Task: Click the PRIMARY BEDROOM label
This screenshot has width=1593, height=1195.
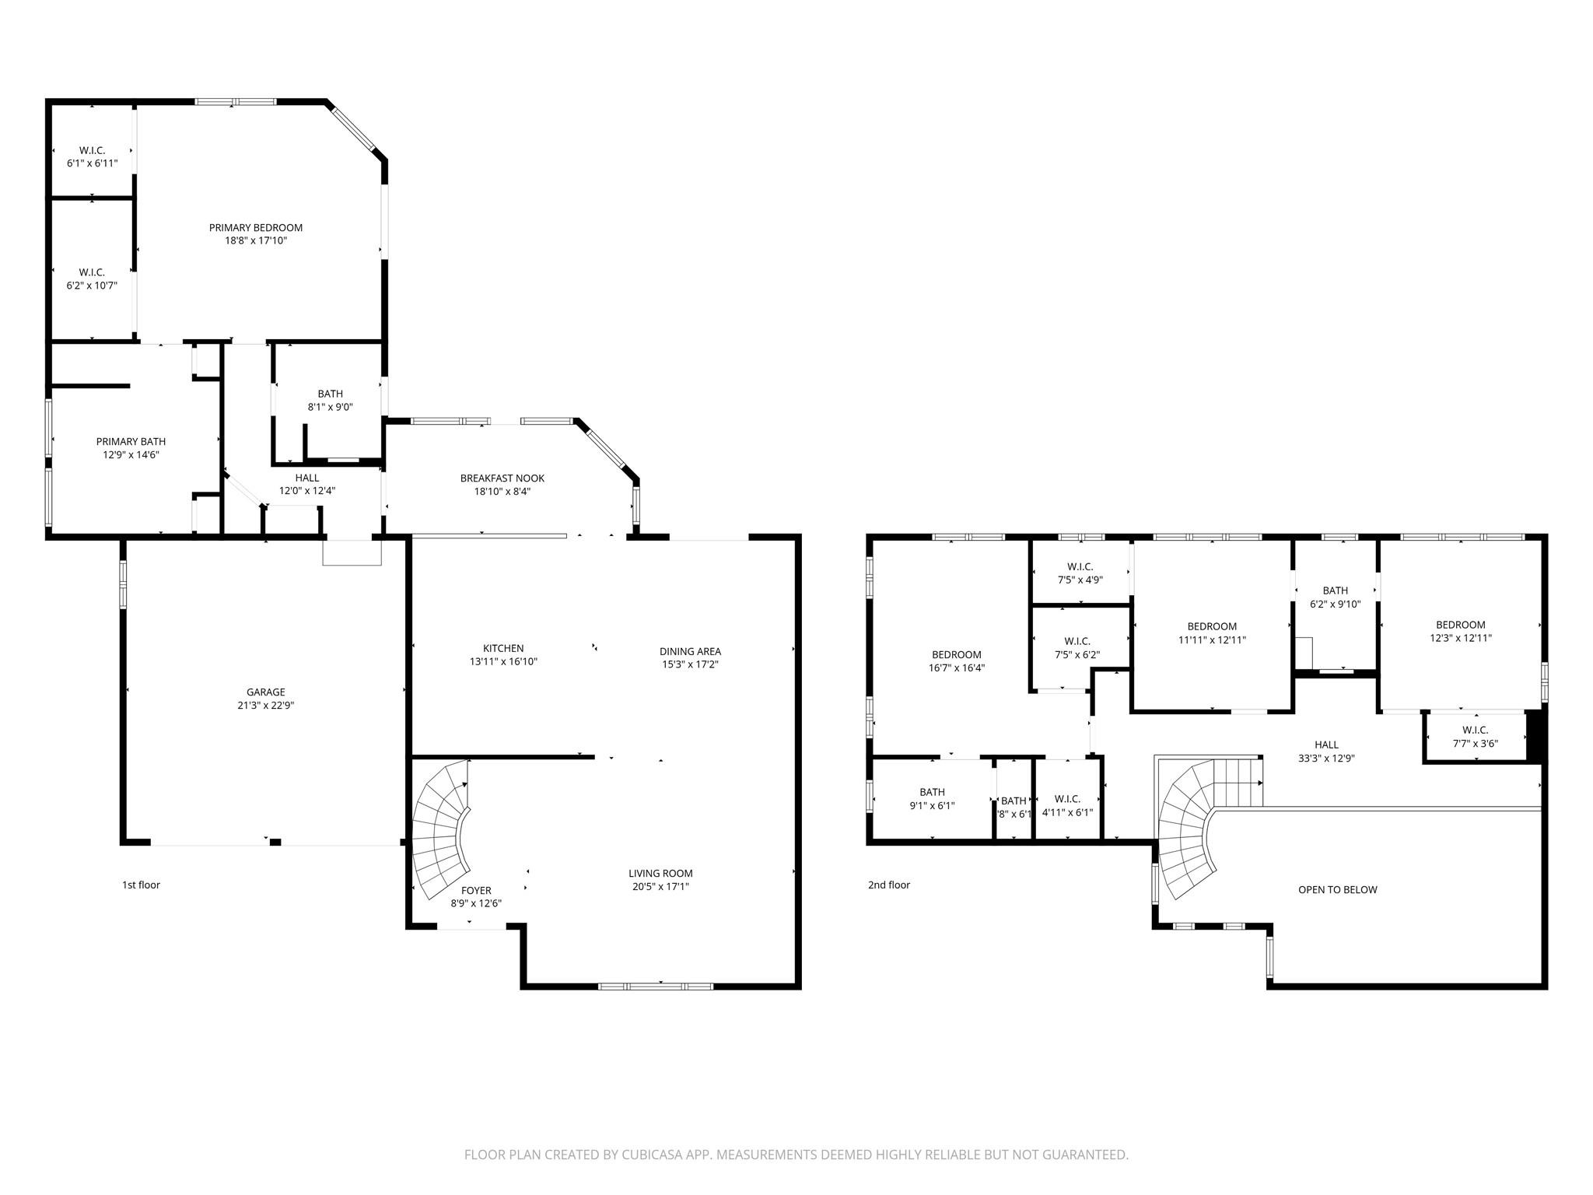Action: [255, 228]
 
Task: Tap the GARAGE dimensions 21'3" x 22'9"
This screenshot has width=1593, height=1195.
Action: [265, 706]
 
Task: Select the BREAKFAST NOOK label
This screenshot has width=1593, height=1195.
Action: [502, 478]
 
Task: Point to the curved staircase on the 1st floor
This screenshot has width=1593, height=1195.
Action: [440, 829]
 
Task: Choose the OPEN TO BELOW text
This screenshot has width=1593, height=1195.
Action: [1337, 889]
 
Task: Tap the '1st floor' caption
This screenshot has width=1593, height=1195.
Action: [141, 885]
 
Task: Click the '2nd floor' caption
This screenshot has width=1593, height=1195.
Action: [888, 885]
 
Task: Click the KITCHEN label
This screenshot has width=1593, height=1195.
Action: [503, 648]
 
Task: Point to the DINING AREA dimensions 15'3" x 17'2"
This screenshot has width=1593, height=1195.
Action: [689, 664]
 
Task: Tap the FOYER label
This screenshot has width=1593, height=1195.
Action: [476, 890]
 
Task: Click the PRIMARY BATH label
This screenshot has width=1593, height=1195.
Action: [131, 442]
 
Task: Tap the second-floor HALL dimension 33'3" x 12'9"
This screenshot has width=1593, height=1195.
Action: [1326, 758]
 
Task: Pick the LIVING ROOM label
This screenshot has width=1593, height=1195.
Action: [660, 873]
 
